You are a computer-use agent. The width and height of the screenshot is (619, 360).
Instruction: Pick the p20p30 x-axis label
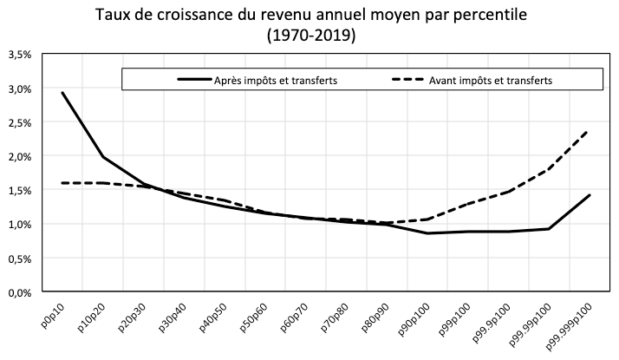click(x=135, y=317)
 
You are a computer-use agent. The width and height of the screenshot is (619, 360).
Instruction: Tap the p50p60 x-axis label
click(x=257, y=317)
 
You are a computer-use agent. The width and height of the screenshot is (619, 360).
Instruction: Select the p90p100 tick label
click(x=419, y=319)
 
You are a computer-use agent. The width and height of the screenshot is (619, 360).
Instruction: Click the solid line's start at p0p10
click(x=62, y=93)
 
